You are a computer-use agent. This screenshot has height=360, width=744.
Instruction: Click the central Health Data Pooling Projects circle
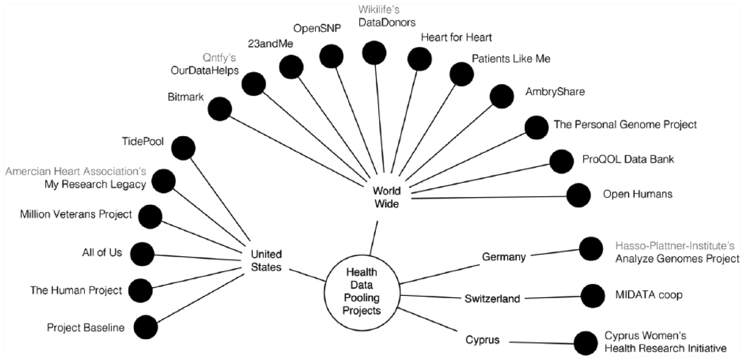362,291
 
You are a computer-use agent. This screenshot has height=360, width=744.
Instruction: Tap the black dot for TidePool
183,148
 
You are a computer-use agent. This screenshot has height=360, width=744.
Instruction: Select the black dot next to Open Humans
578,195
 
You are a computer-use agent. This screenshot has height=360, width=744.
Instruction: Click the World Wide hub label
387,197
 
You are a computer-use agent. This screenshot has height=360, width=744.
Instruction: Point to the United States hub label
266,261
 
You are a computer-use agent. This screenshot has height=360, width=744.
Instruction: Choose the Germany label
503,257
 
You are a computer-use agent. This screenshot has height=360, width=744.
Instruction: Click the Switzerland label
492,299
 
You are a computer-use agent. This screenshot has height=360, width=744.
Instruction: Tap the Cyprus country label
483,340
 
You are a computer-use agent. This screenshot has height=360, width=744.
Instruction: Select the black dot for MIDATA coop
593,295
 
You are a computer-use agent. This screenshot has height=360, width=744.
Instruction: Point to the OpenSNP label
317,29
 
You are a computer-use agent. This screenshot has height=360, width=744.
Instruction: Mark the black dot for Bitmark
219,109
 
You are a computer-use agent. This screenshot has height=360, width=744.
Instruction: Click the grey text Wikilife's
379,9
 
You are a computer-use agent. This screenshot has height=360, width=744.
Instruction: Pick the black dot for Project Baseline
145,327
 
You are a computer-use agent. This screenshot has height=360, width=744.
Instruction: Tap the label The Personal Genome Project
625,124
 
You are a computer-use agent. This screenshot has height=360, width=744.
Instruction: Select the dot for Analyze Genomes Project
591,249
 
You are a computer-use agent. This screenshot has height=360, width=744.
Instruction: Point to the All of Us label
102,252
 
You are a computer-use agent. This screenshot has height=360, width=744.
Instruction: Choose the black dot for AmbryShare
501,96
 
